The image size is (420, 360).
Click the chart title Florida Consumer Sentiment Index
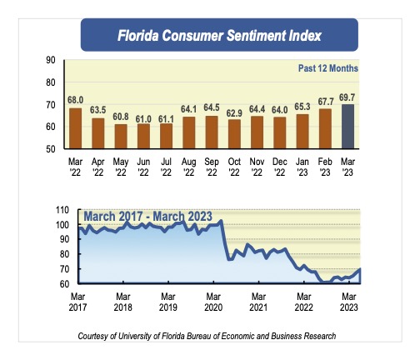(x=219, y=36)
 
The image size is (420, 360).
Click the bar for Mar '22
(x=76, y=127)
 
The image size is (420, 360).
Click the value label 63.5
(x=98, y=109)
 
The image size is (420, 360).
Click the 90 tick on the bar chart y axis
(x=50, y=60)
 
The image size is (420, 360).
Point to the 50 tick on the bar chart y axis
(x=50, y=148)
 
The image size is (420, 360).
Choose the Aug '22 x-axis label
(x=188, y=167)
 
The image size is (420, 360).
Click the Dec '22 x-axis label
(x=279, y=167)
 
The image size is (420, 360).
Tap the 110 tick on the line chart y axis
(x=59, y=210)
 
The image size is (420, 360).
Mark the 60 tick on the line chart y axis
(x=62, y=284)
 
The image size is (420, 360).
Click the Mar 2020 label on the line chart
(x=214, y=302)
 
